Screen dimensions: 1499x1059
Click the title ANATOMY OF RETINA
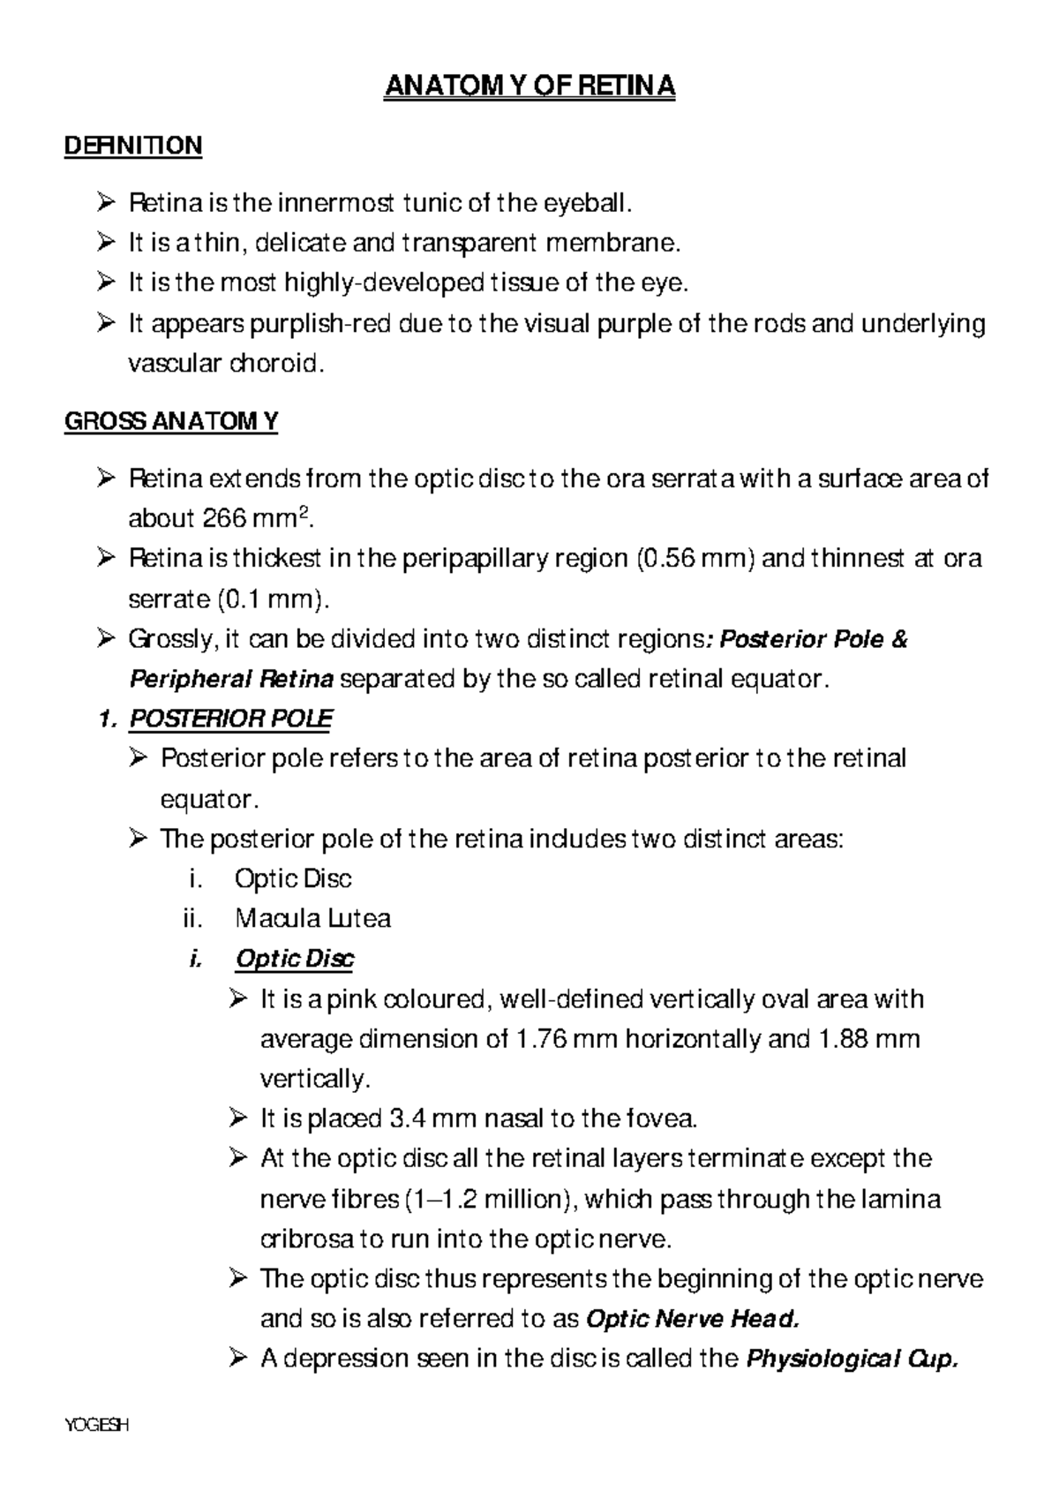(x=529, y=87)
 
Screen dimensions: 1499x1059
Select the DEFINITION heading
(x=133, y=146)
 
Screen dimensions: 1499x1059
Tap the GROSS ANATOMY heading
(x=171, y=422)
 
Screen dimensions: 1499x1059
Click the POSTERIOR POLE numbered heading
(x=230, y=719)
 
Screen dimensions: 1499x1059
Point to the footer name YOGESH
(x=96, y=1425)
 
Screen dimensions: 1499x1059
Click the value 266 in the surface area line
(x=225, y=519)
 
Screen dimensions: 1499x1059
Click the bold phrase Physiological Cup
(x=852, y=1359)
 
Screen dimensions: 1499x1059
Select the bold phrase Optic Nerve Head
(x=693, y=1319)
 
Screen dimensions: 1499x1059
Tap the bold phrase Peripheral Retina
(x=231, y=679)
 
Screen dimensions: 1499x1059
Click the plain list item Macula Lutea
(x=313, y=919)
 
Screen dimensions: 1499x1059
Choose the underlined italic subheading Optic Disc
(x=295, y=959)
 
